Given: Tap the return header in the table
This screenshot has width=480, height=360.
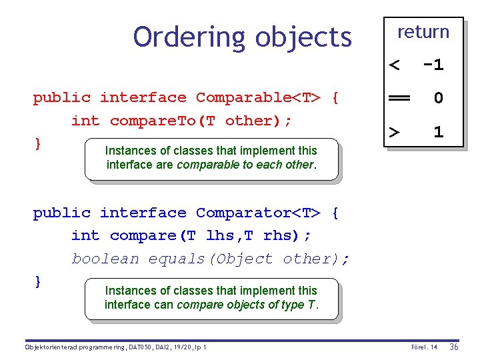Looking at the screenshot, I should [423, 31].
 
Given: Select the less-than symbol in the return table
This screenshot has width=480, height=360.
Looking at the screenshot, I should [395, 65].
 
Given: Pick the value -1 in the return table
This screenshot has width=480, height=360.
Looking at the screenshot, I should [433, 65].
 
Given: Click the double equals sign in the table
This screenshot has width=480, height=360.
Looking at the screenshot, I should [399, 98].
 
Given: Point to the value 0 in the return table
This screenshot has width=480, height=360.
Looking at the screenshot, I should [438, 98].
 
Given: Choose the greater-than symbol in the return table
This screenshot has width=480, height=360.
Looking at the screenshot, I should [395, 131].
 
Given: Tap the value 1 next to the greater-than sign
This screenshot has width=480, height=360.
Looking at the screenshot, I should [438, 131].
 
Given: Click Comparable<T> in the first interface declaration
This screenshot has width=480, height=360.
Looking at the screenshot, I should [258, 97].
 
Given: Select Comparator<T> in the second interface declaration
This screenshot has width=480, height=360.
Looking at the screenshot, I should [258, 213].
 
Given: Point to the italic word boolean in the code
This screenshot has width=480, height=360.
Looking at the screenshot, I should [105, 259].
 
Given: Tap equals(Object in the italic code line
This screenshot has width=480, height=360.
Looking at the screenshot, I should [211, 259].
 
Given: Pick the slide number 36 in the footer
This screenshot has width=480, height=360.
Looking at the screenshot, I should [454, 347].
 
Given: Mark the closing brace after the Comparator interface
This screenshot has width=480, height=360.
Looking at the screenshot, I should [38, 281].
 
